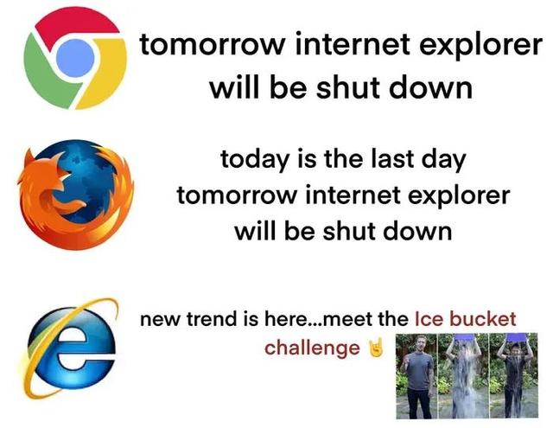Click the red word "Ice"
pyautogui.click(x=430, y=318)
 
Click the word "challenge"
pyautogui.click(x=312, y=348)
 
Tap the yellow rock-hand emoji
pyautogui.click(x=374, y=348)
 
